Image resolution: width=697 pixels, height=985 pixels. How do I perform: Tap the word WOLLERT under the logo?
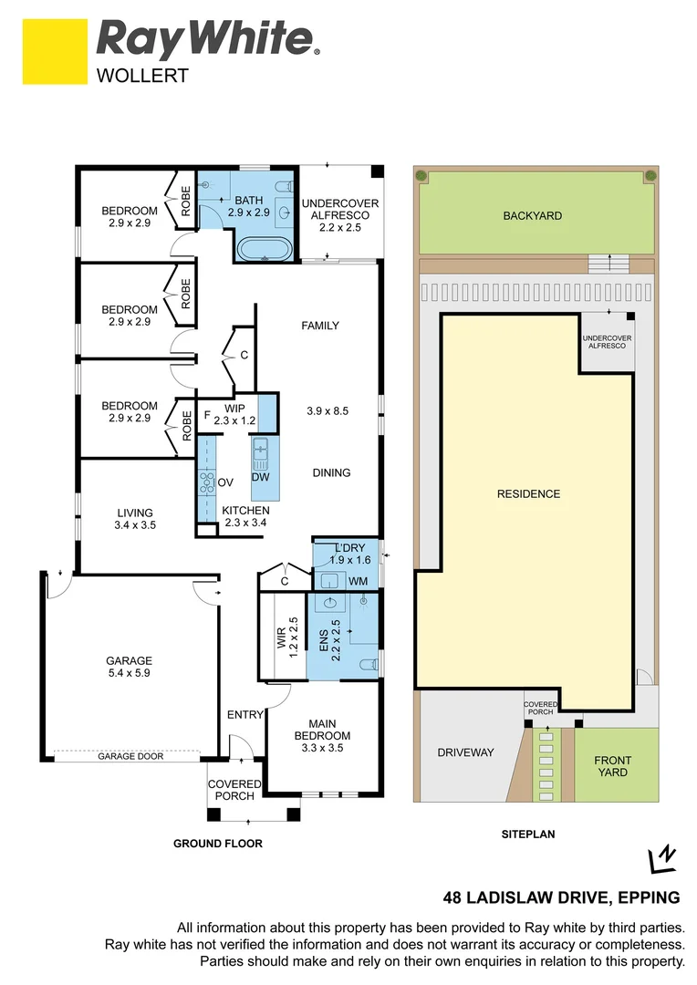pos(142,77)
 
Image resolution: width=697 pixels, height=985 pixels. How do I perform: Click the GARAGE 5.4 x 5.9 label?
pos(129,668)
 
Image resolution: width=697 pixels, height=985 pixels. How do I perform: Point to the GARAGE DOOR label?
pos(126,756)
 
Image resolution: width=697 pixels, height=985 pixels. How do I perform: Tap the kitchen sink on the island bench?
pos(261,449)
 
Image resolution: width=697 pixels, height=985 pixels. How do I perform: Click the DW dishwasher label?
pos(260,477)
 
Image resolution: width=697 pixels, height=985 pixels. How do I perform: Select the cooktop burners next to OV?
pos(206,482)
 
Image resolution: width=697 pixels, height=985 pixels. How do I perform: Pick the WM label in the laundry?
pos(358,580)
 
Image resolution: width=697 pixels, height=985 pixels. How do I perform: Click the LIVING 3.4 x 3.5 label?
pos(134,519)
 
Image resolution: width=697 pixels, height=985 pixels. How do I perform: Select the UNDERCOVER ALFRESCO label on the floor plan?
pos(339,215)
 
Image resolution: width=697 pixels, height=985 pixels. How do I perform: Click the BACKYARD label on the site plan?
pos(532,216)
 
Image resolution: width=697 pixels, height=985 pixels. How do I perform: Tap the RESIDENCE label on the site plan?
pos(528,493)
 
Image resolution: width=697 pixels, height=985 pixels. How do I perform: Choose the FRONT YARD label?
pos(612,766)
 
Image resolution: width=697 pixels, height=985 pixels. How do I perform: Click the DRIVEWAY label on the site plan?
pos(465,752)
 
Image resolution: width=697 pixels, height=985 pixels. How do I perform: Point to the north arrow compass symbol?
pos(661,860)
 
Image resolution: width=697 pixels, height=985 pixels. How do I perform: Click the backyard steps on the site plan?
pos(608,264)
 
